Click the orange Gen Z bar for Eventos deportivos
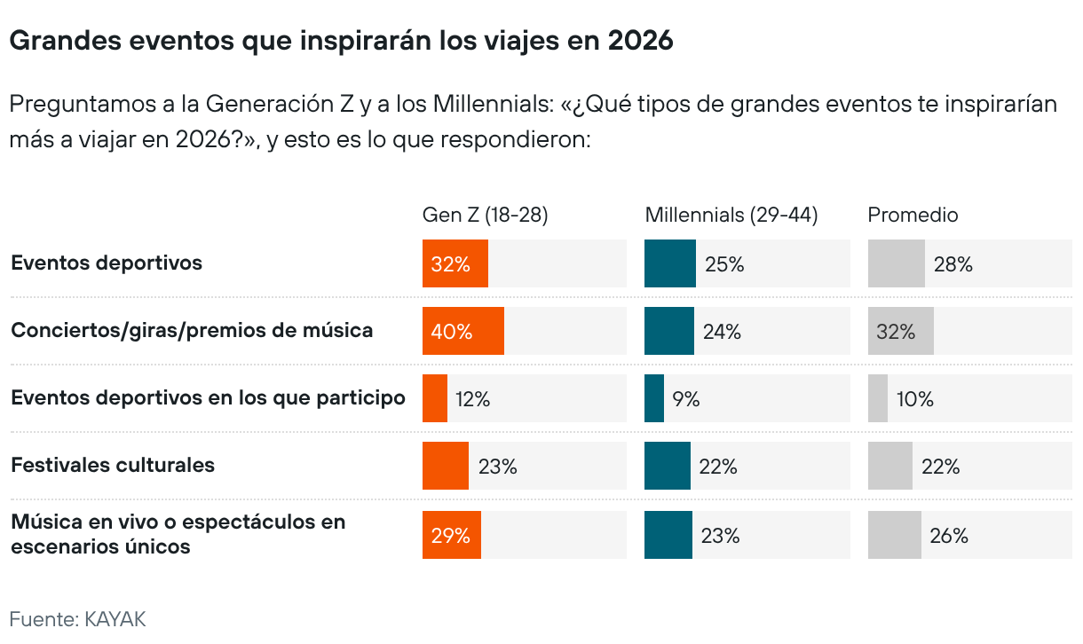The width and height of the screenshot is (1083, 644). (x=455, y=263)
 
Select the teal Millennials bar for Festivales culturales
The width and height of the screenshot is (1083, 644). (x=667, y=466)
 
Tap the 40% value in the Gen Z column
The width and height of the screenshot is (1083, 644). (x=452, y=332)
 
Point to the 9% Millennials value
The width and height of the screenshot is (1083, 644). (x=685, y=399)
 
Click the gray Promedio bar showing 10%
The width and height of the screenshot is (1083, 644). (x=877, y=398)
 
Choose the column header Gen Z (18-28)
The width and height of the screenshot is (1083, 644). (x=485, y=215)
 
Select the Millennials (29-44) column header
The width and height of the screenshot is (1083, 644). (x=731, y=215)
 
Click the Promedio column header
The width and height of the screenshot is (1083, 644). (x=913, y=215)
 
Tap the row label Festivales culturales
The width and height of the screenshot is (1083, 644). (x=113, y=465)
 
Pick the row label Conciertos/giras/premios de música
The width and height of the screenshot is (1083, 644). (x=192, y=330)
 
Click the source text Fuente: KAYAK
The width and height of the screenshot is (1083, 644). (x=77, y=618)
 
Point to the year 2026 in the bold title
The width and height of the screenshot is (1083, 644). (x=640, y=41)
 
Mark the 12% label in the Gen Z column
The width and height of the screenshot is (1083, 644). (x=472, y=399)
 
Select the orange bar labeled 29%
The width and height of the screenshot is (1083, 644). (x=451, y=535)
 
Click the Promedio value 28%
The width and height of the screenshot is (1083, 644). (x=953, y=263)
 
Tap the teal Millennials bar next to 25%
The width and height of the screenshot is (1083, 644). (x=669, y=263)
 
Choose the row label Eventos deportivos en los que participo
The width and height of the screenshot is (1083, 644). (x=208, y=397)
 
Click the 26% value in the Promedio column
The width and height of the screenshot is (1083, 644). (x=948, y=535)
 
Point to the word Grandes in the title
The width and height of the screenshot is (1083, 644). (x=58, y=41)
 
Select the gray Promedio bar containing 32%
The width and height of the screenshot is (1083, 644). (x=900, y=331)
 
